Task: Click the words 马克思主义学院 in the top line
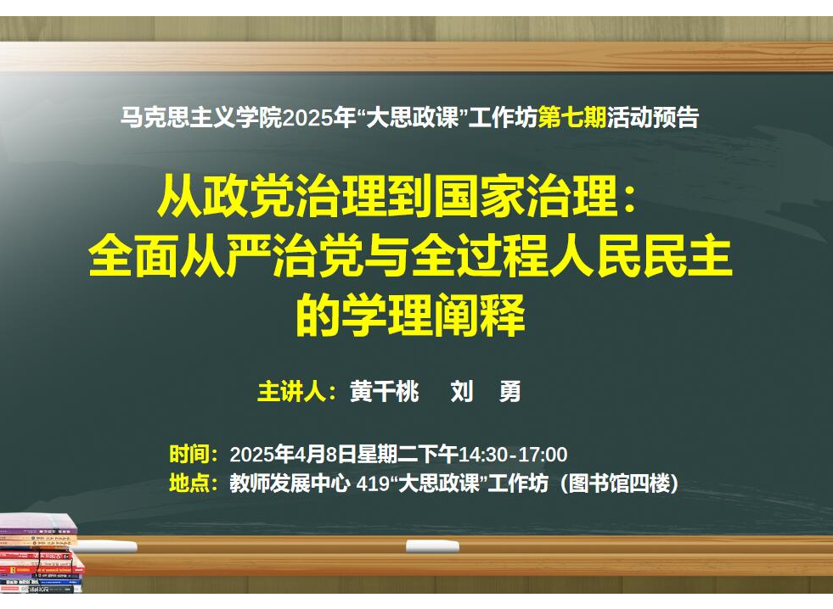coord(201,117)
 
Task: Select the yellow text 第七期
coord(572,117)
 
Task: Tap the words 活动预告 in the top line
coord(653,117)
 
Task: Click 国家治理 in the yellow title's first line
coord(526,196)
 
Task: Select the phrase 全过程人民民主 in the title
coord(572,257)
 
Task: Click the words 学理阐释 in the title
coord(434,316)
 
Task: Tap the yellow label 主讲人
coord(291,392)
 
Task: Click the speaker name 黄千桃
coord(384,392)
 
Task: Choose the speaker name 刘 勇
coord(486,392)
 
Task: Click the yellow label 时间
coord(189,454)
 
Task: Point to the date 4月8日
coord(324,454)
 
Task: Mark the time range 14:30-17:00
coord(513,455)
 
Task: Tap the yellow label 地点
coord(189,483)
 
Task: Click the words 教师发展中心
coord(290,483)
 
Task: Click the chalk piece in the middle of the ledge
coord(432,546)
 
